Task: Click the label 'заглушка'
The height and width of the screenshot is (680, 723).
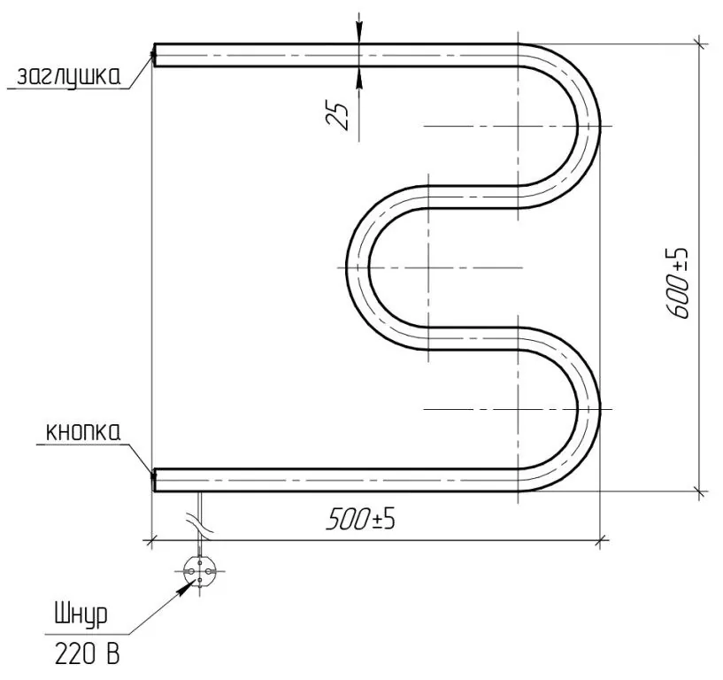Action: pyautogui.click(x=68, y=76)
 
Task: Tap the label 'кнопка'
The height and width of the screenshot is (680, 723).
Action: pyautogui.click(x=83, y=432)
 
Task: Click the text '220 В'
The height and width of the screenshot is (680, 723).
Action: pyautogui.click(x=87, y=653)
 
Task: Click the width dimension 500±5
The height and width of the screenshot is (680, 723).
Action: pyautogui.click(x=360, y=520)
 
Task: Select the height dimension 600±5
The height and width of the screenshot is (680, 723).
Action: pyautogui.click(x=678, y=282)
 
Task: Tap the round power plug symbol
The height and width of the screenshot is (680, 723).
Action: pyautogui.click(x=200, y=571)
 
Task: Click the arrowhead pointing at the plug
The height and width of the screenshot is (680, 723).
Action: pyautogui.click(x=187, y=588)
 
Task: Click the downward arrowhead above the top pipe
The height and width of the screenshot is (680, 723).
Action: pyautogui.click(x=358, y=35)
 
